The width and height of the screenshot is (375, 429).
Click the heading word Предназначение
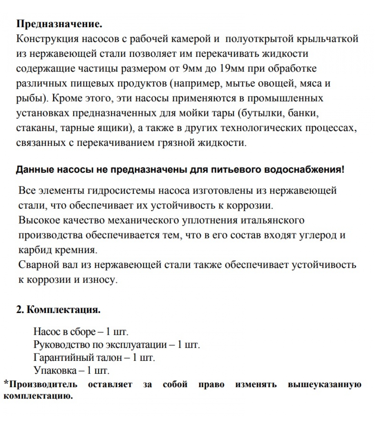click(x=59, y=24)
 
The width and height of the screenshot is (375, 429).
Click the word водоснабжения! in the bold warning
click(x=304, y=170)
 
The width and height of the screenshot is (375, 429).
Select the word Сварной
click(x=36, y=265)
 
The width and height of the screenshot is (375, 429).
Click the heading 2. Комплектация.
click(x=58, y=310)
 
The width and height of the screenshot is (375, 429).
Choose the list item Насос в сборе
click(x=64, y=332)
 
